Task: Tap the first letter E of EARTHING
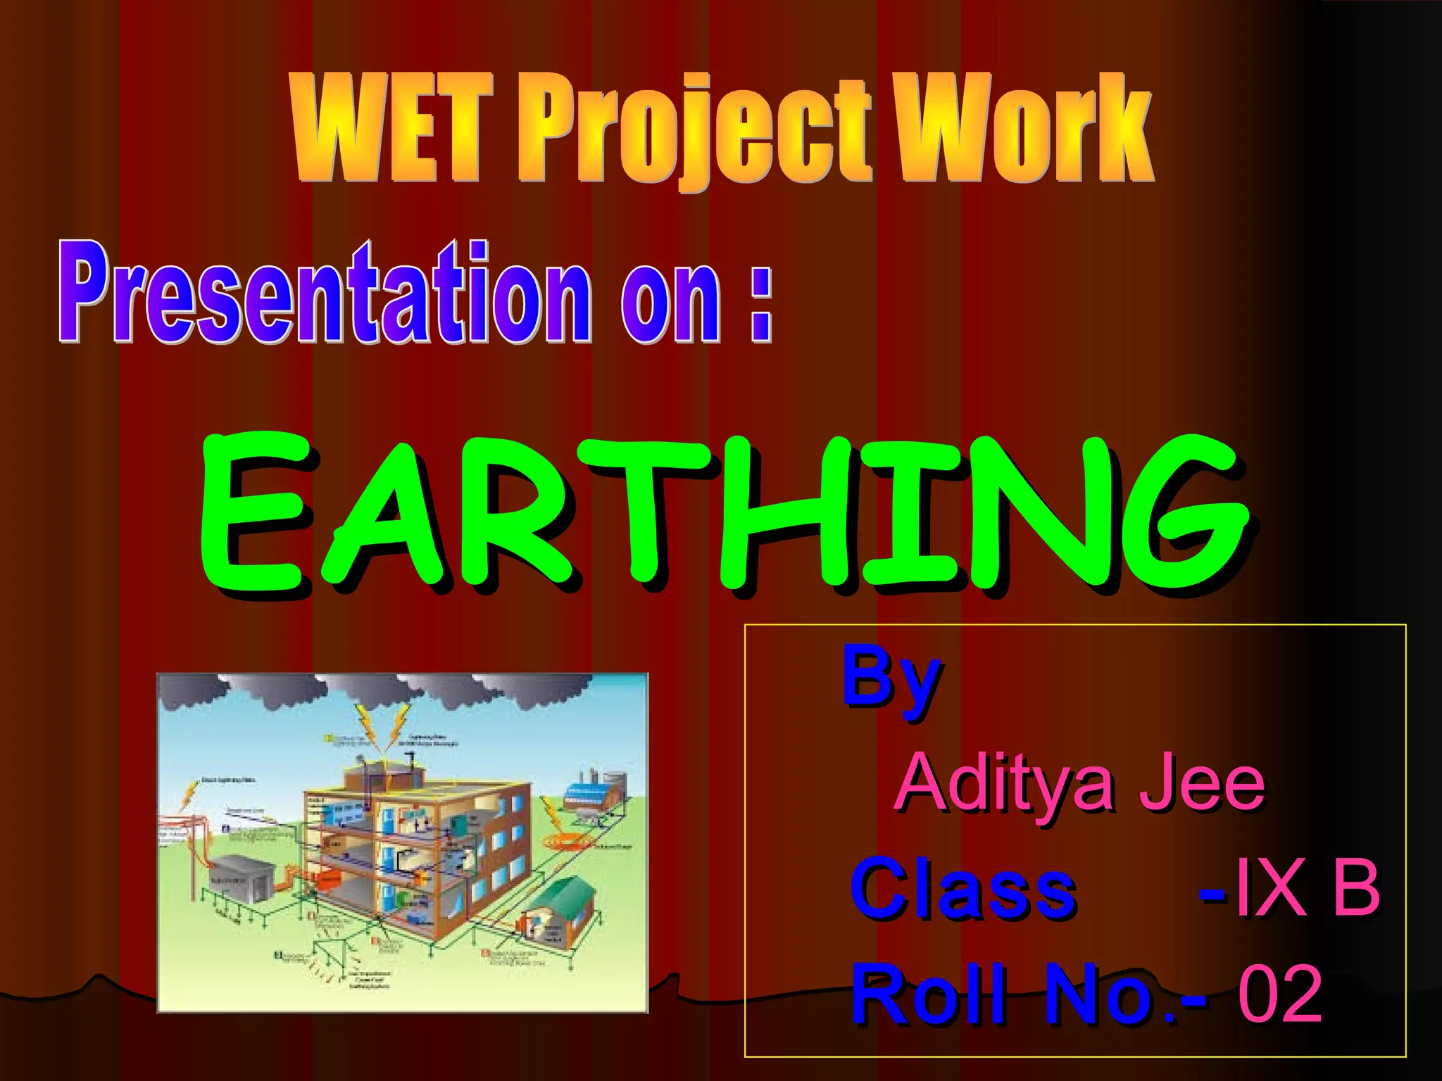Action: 253,514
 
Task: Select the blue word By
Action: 891,679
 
